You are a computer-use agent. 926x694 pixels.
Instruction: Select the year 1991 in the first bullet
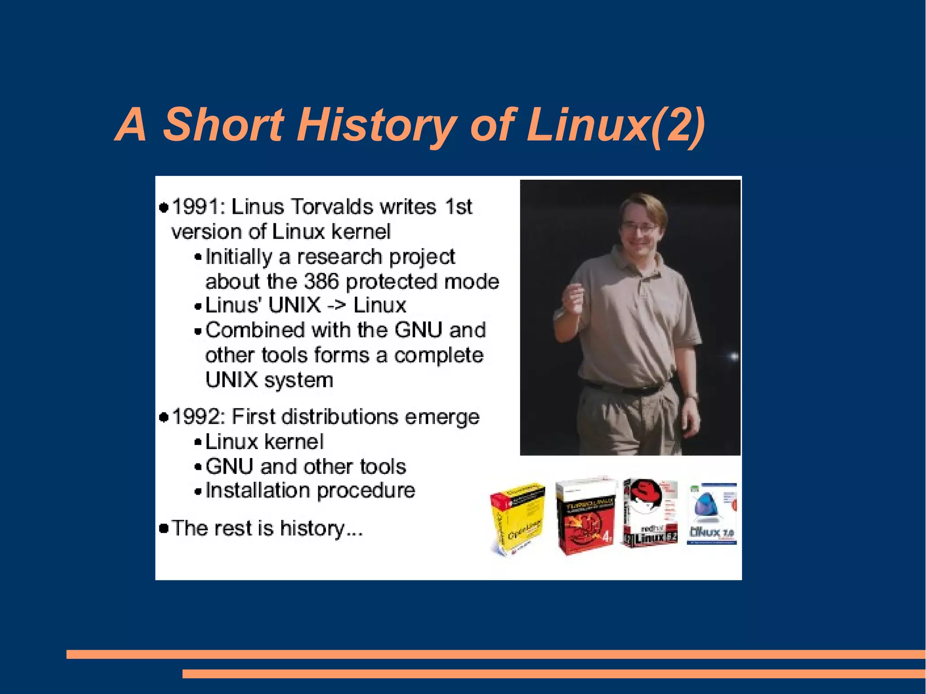tap(195, 207)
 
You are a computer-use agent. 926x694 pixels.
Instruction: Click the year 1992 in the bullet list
tap(195, 417)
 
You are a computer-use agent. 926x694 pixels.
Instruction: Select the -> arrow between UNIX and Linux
tap(337, 306)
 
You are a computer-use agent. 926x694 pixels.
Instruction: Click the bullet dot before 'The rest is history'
tap(164, 528)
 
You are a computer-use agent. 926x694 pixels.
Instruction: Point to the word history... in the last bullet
tap(321, 528)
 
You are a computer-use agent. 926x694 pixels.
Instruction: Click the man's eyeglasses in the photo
tap(640, 227)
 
